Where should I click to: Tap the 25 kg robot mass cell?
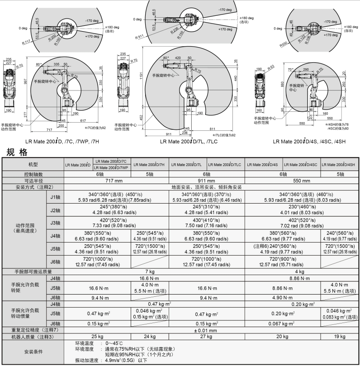pyautogui.click(x=98, y=336)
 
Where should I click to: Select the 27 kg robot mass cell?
pyautogui.click(x=206, y=336)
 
